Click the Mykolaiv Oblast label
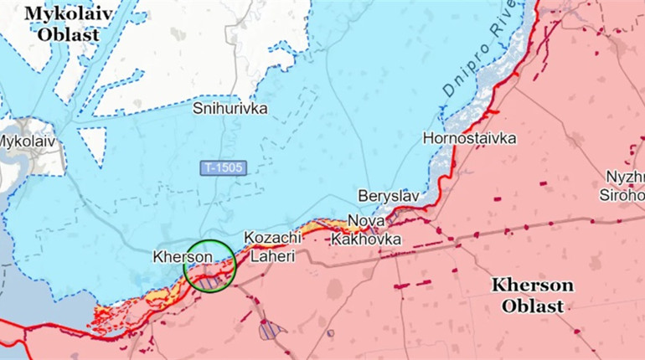pyautogui.click(x=62, y=23)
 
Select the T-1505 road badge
pyautogui.click(x=223, y=168)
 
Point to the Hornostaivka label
pyautogui.click(x=469, y=138)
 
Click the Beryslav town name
pyautogui.click(x=388, y=195)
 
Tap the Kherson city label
pyautogui.click(x=183, y=256)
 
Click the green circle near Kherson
pyautogui.click(x=210, y=265)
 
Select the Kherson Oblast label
pyautogui.click(x=533, y=295)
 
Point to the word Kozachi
pyautogui.click(x=272, y=239)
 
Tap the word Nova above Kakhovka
pyautogui.click(x=366, y=221)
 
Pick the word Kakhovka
pyautogui.click(x=366, y=239)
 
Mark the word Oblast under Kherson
pyautogui.click(x=533, y=306)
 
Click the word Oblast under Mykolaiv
pyautogui.click(x=67, y=35)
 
